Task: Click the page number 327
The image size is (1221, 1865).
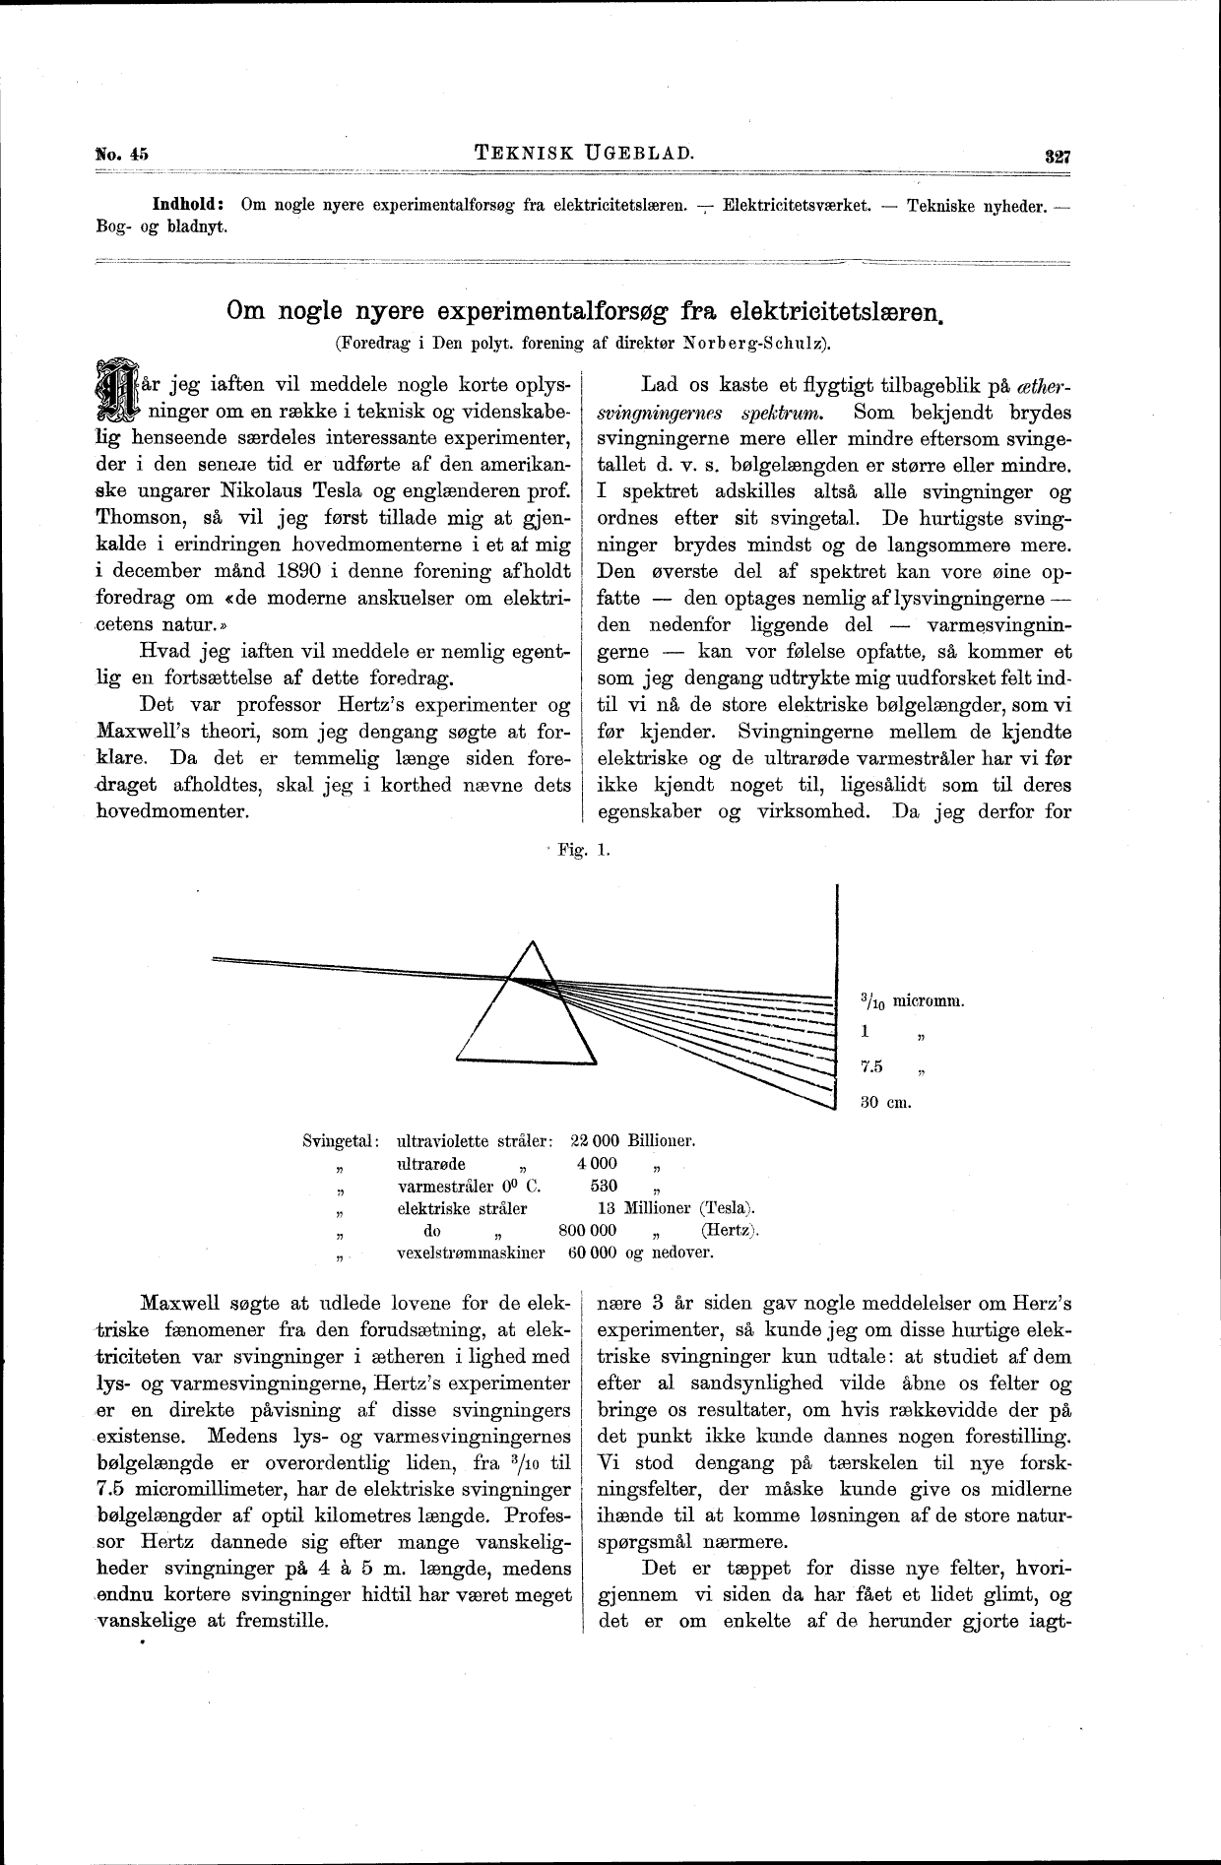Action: (x=1058, y=156)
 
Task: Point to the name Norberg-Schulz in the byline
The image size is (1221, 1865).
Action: (x=764, y=344)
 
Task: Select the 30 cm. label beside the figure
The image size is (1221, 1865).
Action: (x=886, y=1102)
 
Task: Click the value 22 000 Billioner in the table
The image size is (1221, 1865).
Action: (x=632, y=1142)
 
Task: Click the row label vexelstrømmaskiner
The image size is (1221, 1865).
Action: (x=470, y=1254)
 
